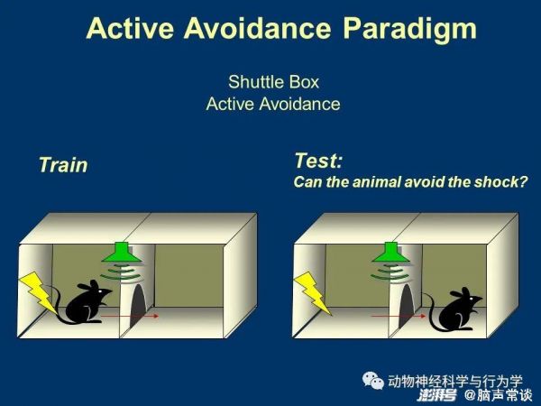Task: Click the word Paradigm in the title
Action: (x=410, y=30)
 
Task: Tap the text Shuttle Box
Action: (x=273, y=82)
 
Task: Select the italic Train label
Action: (x=63, y=165)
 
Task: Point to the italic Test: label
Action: (x=318, y=161)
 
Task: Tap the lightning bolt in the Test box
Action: (x=313, y=292)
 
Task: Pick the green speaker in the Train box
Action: (x=122, y=253)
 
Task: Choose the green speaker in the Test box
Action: (x=391, y=253)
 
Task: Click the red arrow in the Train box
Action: (x=130, y=316)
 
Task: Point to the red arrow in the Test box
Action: (x=399, y=316)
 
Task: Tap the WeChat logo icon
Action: (x=373, y=381)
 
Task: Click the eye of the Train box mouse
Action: (x=100, y=291)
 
